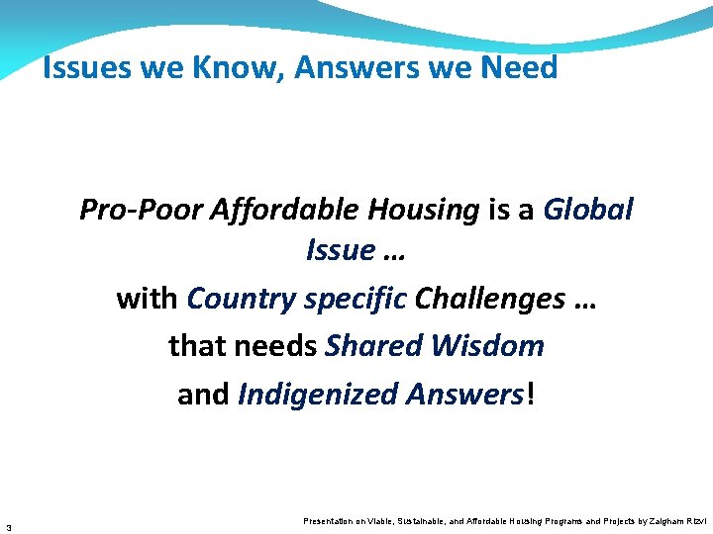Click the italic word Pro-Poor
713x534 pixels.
(x=141, y=210)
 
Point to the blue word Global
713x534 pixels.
(x=588, y=210)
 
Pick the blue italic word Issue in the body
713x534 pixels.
(x=340, y=251)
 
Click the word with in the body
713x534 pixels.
(x=148, y=298)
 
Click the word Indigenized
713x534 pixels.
(x=317, y=395)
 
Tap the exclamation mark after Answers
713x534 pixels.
(x=531, y=395)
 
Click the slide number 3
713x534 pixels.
(x=8, y=525)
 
